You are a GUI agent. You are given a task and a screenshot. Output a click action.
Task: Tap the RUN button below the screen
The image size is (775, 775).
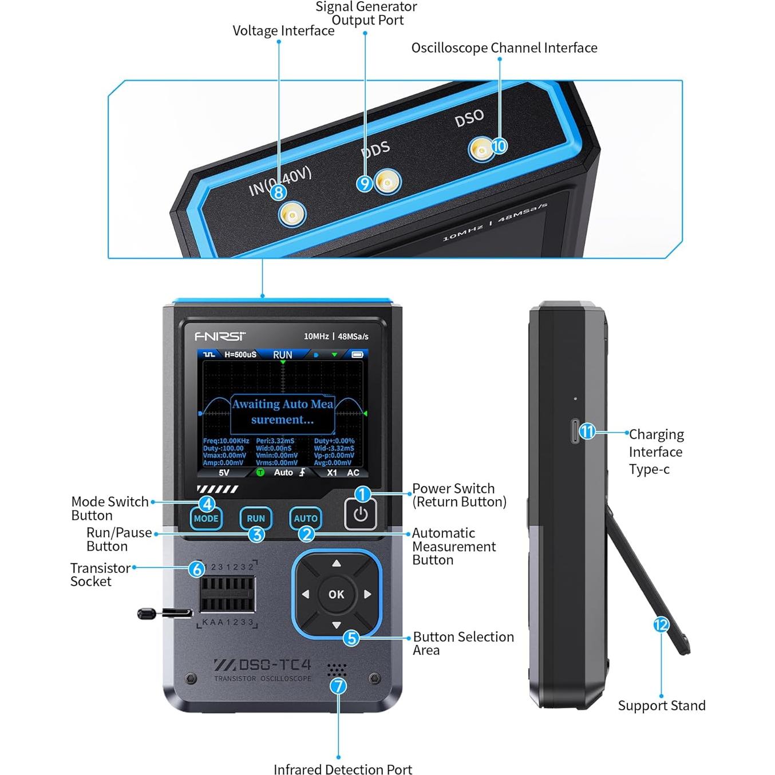coord(256,519)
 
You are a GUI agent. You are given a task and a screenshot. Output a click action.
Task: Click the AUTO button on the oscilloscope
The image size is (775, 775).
coord(306,519)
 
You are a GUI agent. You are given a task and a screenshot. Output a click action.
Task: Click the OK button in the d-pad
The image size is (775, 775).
coord(337,594)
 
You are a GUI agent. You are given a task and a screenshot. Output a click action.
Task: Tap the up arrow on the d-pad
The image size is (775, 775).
coord(337,564)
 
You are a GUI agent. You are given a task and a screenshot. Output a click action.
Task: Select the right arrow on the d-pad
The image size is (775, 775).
coord(367,594)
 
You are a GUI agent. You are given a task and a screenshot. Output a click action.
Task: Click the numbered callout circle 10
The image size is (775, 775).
coord(499,146)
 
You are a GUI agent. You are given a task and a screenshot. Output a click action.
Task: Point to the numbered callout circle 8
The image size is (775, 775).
coord(278,192)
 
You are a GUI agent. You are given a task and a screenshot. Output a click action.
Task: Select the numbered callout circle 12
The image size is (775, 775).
coord(661,624)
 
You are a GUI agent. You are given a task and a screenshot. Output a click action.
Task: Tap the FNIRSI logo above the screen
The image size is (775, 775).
coord(220,336)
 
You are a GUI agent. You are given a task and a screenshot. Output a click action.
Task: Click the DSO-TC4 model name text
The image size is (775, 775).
coord(263,665)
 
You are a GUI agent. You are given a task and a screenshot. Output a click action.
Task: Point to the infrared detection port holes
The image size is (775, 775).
coord(337,669)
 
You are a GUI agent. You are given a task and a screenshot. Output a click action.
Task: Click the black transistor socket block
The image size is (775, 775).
coord(227,594)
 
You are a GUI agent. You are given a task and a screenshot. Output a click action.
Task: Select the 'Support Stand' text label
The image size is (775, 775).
coord(662,706)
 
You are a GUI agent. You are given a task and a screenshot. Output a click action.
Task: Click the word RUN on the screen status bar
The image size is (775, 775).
coord(283,355)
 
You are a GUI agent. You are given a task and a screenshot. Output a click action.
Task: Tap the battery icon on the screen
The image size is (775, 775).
coord(357,355)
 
